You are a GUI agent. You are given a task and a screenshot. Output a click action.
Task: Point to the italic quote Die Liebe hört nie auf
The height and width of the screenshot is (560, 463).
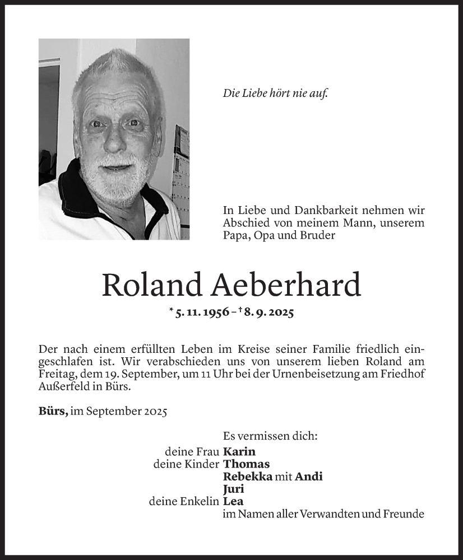click(x=275, y=94)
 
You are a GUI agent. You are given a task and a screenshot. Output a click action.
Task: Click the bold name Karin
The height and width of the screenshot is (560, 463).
click(x=239, y=451)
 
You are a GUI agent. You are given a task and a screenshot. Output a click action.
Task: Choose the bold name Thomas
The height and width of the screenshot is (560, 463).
click(x=246, y=464)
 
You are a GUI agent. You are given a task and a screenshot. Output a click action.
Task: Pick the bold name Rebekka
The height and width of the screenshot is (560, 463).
click(x=248, y=477)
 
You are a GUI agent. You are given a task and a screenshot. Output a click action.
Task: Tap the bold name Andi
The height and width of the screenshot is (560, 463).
click(x=309, y=477)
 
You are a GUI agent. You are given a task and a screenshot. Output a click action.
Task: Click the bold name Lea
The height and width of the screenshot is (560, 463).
click(x=233, y=502)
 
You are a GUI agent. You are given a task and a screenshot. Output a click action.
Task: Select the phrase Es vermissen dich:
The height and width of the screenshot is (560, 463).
click(x=270, y=435)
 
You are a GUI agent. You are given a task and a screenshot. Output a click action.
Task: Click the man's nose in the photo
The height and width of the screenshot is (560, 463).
click(x=115, y=140)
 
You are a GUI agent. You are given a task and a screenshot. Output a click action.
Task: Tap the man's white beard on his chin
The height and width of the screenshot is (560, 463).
click(x=121, y=182)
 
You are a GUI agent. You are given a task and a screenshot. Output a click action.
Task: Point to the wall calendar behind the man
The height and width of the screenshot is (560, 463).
click(x=182, y=168)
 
